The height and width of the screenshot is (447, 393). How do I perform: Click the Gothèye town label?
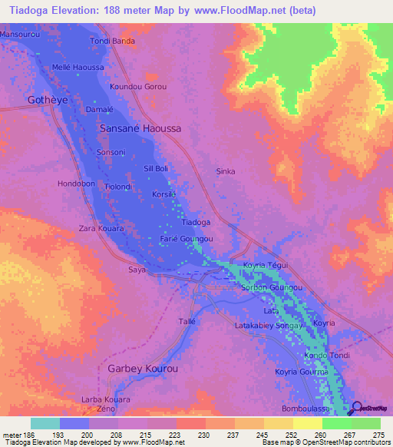click(28, 101)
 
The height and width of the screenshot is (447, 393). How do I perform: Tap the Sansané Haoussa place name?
click(140, 129)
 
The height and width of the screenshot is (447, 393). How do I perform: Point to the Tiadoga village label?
click(195, 222)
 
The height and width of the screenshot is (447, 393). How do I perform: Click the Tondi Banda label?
click(113, 40)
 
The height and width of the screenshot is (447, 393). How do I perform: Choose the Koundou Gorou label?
click(138, 87)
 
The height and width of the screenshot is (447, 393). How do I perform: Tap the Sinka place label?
click(226, 171)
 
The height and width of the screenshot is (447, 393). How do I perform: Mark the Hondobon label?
click(77, 184)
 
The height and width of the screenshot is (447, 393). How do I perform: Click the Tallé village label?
click(187, 321)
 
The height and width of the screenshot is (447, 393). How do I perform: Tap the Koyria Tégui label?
click(265, 265)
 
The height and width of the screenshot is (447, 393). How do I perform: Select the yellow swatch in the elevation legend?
click(307, 423)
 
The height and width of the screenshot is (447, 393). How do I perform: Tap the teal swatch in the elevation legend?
click(45, 423)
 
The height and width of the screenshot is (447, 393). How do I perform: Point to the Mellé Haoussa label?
click(78, 67)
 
